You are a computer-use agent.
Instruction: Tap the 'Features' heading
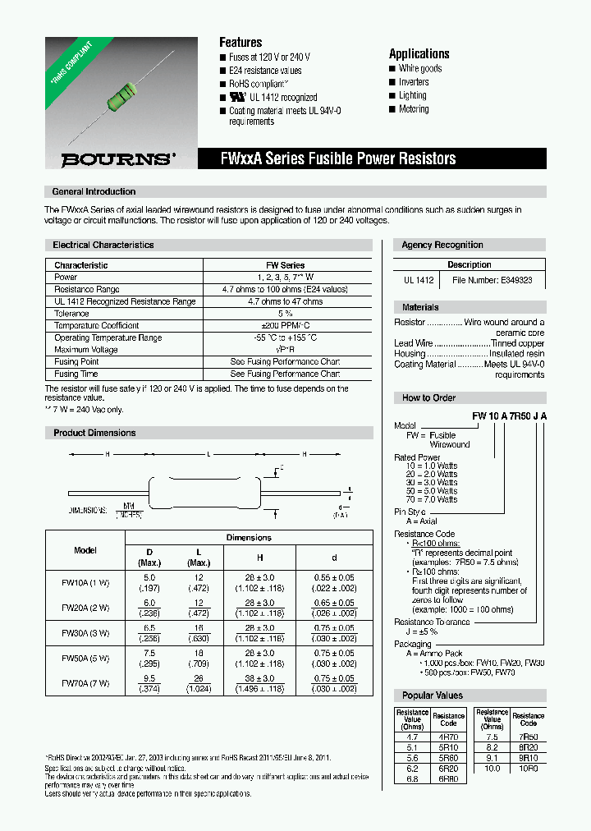pos(241,42)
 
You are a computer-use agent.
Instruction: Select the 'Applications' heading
pos(419,53)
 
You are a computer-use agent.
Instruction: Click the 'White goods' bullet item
pos(419,69)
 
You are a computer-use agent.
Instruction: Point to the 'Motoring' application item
pos(413,109)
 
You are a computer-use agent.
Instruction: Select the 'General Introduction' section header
pos(94,191)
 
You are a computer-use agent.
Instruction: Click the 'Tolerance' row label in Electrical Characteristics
pos(71,314)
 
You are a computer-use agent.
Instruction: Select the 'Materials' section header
pos(420,307)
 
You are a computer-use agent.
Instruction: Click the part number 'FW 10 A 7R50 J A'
pos(508,416)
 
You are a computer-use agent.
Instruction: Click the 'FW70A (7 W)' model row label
pos(85,682)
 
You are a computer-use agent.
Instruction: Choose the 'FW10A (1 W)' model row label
pos(85,582)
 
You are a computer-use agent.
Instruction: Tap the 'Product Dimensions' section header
pos(94,433)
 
